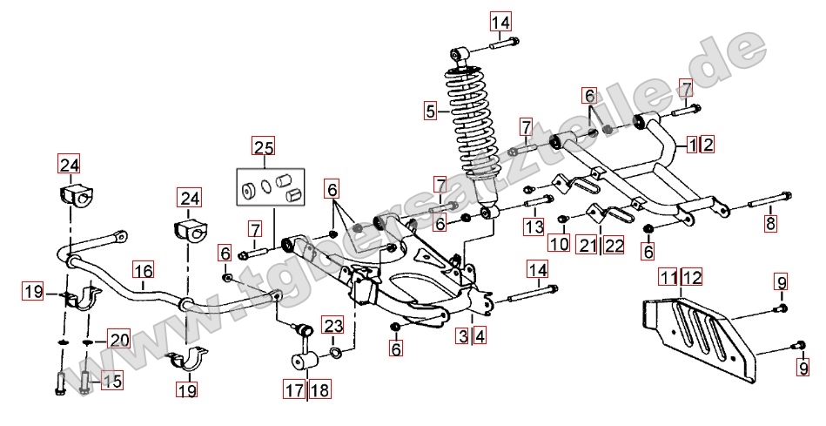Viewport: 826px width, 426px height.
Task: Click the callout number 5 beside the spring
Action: (x=430, y=111)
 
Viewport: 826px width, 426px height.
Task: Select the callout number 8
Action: (x=769, y=223)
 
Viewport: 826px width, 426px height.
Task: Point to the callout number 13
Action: (x=533, y=227)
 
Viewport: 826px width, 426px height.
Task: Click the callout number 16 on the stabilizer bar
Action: (x=143, y=270)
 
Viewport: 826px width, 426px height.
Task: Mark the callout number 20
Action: (x=118, y=341)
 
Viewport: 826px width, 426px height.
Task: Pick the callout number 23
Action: (x=332, y=327)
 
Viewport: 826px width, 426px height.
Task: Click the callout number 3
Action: (x=464, y=335)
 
